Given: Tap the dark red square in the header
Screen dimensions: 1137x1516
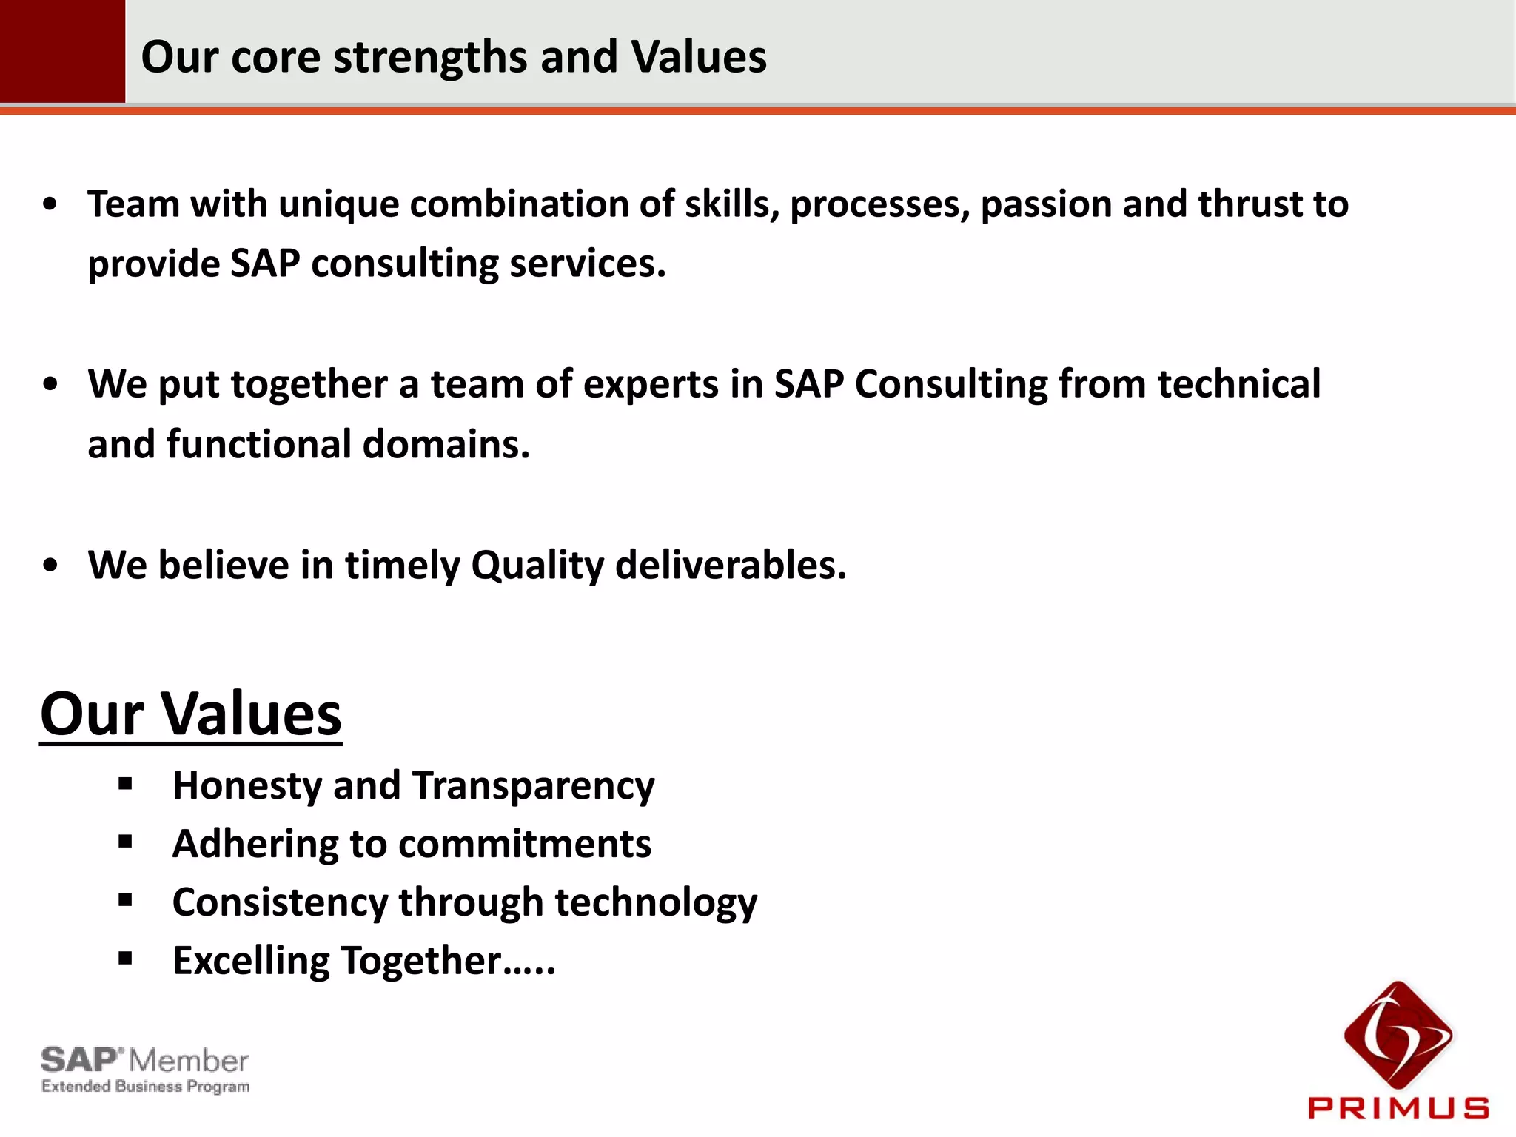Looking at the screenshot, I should click(62, 50).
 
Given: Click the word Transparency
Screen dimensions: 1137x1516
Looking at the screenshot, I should click(533, 786).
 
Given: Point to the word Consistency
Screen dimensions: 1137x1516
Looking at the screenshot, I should click(280, 903).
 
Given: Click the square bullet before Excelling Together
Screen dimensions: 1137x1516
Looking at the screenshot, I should click(125, 959).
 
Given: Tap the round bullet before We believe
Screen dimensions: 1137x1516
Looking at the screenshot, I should click(50, 566).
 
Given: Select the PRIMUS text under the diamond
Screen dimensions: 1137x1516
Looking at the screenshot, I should click(1398, 1108).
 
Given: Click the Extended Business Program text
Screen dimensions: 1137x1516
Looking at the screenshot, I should click(145, 1087).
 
